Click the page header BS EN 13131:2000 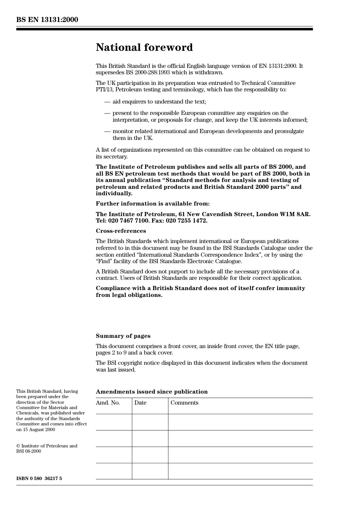(x=47, y=20)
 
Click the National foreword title (x=144, y=47)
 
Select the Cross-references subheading (x=121, y=231)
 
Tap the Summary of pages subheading (x=123, y=336)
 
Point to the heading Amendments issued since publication (x=152, y=392)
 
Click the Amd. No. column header (x=108, y=403)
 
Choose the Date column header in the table (x=140, y=403)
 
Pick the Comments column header (x=184, y=403)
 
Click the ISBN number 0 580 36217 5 (x=39, y=479)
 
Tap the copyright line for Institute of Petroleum (x=47, y=446)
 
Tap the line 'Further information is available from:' (x=152, y=204)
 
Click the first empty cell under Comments (x=240, y=422)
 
